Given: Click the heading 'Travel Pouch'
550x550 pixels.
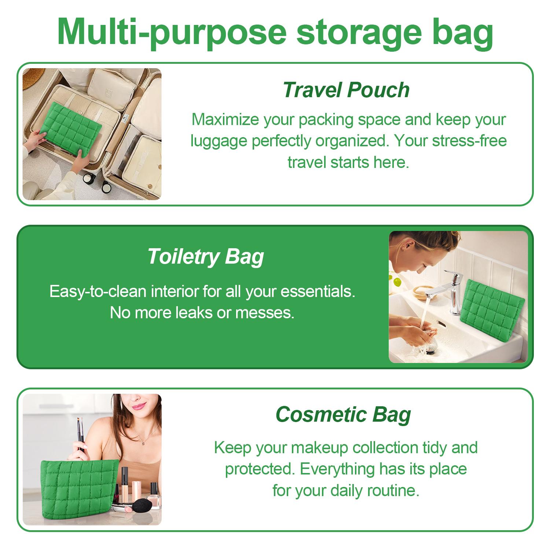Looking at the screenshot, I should [346, 90].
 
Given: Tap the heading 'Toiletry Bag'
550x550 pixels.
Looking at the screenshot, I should [206, 257].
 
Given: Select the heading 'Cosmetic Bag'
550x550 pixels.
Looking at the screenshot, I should [343, 415].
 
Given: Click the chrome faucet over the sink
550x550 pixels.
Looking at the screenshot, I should [453, 290].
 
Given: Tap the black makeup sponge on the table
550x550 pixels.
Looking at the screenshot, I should [138, 506].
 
